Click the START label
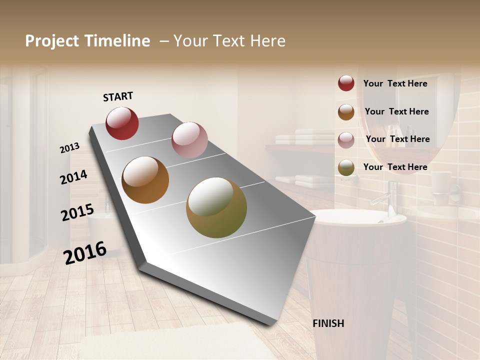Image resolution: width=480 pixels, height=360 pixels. (118, 96)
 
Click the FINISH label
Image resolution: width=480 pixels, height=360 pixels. (328, 323)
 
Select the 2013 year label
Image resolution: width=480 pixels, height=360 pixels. (70, 148)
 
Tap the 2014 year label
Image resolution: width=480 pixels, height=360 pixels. (73, 177)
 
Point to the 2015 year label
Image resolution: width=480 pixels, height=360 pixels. (77, 212)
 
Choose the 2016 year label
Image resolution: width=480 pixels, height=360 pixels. (85, 252)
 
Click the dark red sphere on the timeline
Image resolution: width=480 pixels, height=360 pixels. (122, 123)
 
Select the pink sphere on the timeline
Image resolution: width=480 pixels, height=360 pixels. (189, 140)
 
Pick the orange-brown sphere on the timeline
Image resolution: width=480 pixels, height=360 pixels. (145, 180)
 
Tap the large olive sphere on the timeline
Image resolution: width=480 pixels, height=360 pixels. (216, 207)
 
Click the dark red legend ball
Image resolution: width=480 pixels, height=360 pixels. (346, 83)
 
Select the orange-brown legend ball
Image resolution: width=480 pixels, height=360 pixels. (346, 112)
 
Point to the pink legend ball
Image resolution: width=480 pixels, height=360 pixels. (346, 140)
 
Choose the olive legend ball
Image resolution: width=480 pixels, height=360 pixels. (346, 167)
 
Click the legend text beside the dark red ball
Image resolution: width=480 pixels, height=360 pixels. (395, 83)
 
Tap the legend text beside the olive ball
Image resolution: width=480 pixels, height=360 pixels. (395, 167)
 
